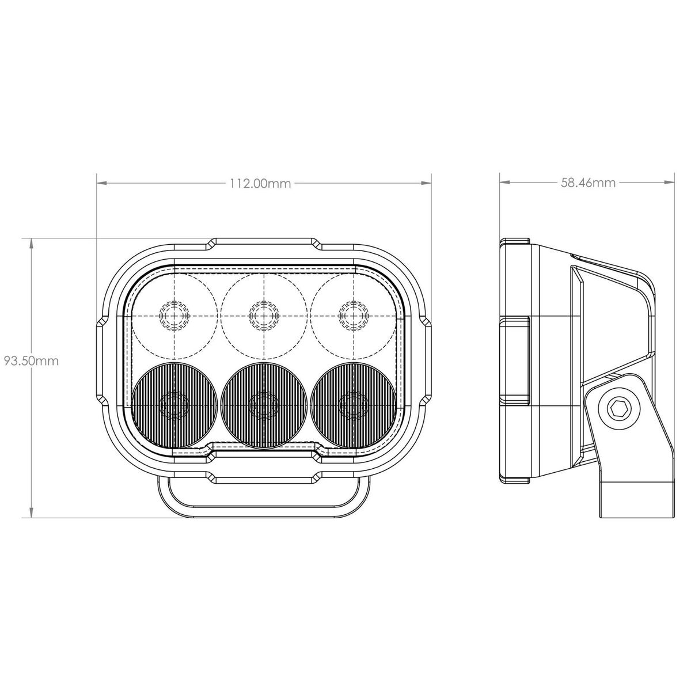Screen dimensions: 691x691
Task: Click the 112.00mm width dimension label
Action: [260, 184]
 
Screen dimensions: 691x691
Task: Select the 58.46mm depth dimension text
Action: [588, 183]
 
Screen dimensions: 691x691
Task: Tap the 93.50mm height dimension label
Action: [31, 360]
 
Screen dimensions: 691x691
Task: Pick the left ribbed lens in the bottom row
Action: [174, 405]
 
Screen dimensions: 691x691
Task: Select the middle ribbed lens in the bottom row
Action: [264, 405]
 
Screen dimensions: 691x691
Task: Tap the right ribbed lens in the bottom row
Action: [354, 405]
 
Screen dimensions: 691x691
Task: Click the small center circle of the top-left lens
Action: [174, 316]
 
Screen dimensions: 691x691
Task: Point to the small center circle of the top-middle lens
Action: [264, 316]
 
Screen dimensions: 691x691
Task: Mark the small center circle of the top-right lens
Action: [354, 316]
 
